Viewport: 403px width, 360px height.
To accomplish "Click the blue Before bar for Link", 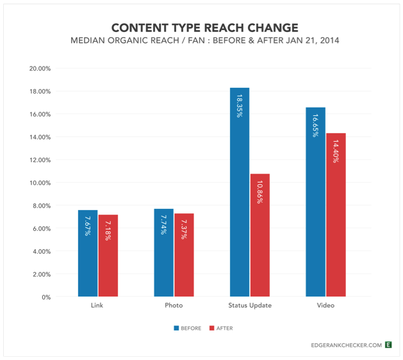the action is coord(88,253).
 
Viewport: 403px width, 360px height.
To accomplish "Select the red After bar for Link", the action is coord(108,256).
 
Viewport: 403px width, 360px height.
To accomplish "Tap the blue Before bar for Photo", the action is coord(164,252).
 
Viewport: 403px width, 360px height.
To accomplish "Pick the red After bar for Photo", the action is coord(184,255).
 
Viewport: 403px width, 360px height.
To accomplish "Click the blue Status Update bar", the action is coord(240,192).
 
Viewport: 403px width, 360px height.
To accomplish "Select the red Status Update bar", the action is coord(260,235).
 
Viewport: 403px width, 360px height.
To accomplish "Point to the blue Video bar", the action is coord(316,202).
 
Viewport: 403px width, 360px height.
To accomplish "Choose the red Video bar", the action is coord(336,215).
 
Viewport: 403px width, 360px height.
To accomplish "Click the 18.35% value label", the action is coord(240,106).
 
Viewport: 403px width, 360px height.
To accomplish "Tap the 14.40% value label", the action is coord(336,151).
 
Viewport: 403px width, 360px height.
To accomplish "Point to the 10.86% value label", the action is coord(260,192).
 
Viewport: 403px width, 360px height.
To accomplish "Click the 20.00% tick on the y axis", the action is coord(40,69).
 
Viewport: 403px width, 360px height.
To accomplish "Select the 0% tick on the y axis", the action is coord(46,297).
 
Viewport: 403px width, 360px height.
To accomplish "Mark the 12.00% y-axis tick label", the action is coord(40,160).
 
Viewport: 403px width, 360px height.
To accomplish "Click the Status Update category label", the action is coord(250,306).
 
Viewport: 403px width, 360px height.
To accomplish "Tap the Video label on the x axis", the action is coord(325,306).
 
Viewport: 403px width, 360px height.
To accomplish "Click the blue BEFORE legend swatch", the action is coord(176,328).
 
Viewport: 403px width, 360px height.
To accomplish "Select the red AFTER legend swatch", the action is coord(212,328).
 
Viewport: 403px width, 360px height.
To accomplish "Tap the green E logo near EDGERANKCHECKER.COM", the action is coord(388,345).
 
